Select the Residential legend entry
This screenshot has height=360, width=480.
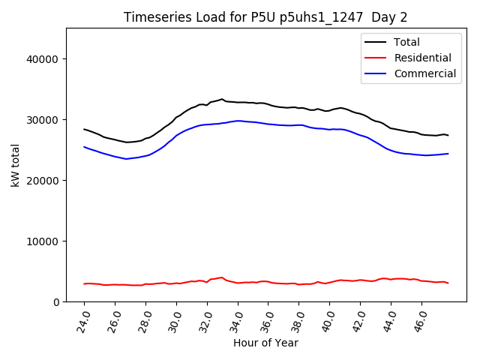[x=423, y=58]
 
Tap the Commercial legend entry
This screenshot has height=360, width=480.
[x=424, y=73]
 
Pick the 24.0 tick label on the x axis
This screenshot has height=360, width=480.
[x=85, y=319]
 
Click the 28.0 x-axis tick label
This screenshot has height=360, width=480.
[x=145, y=319]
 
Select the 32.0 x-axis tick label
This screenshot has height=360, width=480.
[x=207, y=319]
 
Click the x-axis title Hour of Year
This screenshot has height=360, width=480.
[x=265, y=343]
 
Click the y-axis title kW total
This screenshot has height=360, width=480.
[x=16, y=165]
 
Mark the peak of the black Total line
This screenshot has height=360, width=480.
[x=222, y=99]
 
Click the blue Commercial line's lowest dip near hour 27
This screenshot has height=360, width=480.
[x=126, y=159]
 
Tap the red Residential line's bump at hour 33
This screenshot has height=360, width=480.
[x=221, y=277]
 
